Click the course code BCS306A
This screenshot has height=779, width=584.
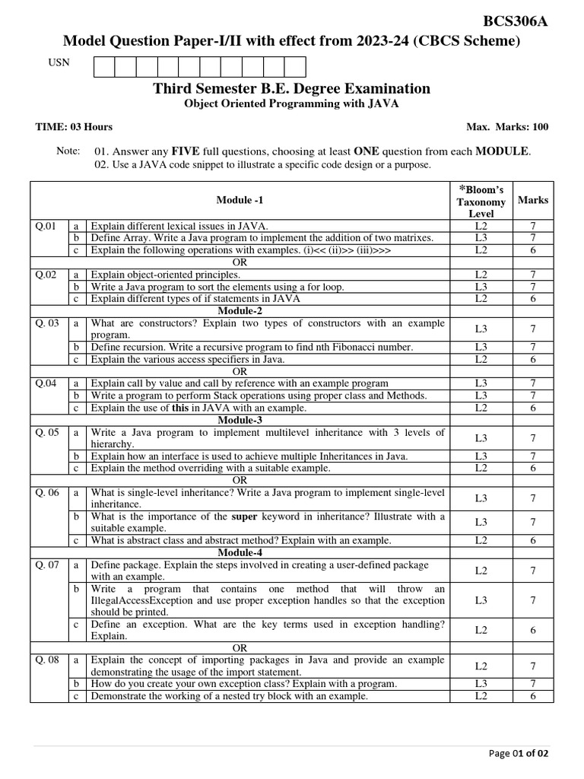tap(515, 21)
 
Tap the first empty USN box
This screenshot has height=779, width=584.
tap(104, 67)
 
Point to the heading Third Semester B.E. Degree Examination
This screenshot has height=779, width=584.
tap(291, 88)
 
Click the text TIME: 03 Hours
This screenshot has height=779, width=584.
tap(74, 127)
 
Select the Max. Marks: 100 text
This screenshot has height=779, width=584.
tap(507, 127)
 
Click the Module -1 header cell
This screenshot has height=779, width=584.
tap(240, 200)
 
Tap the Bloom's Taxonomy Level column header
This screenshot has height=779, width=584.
tap(481, 202)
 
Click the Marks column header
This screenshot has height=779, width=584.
tap(532, 200)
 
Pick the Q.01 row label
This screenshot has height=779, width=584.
tap(45, 226)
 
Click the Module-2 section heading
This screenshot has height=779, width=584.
tap(240, 311)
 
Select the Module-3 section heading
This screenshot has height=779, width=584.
tap(240, 420)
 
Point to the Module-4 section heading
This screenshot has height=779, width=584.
tap(240, 552)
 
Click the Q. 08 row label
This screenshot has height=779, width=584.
tap(47, 660)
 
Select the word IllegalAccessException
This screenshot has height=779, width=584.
tap(142, 600)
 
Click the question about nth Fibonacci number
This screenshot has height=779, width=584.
tap(252, 347)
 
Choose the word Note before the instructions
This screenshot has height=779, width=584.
tap(68, 151)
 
